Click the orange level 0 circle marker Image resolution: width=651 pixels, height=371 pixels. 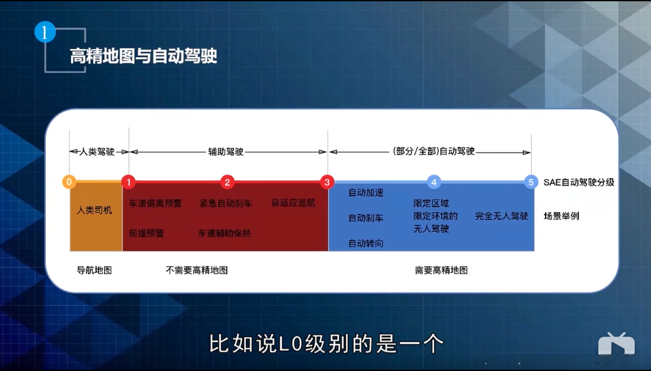click(69, 182)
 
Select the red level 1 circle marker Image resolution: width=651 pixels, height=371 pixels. click(129, 182)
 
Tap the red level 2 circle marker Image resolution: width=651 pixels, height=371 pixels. click(228, 182)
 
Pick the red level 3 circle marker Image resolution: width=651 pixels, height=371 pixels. click(327, 182)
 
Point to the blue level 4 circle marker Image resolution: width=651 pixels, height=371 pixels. click(433, 182)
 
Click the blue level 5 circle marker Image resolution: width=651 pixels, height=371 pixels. click(531, 182)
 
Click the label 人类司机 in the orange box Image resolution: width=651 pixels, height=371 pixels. click(94, 210)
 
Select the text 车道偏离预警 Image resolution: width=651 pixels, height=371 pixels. click(155, 203)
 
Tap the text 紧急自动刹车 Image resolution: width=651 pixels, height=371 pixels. click(226, 203)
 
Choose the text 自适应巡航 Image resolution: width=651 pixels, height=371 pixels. click(294, 203)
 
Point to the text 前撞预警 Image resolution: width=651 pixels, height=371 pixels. click(146, 233)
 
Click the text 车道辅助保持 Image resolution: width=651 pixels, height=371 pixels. click(225, 233)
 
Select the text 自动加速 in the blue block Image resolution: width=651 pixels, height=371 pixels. click(366, 193)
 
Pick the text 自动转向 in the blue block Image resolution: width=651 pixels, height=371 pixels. click(366, 243)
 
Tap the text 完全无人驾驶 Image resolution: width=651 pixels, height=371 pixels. click(502, 216)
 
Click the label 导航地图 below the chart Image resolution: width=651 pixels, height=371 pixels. click(93, 270)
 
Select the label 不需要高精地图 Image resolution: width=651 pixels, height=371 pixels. click(196, 270)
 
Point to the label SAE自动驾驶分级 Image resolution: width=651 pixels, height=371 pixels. click(578, 183)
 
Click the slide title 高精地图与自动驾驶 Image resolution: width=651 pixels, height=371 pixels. click(144, 57)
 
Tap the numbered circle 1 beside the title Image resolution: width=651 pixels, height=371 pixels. click(45, 33)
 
